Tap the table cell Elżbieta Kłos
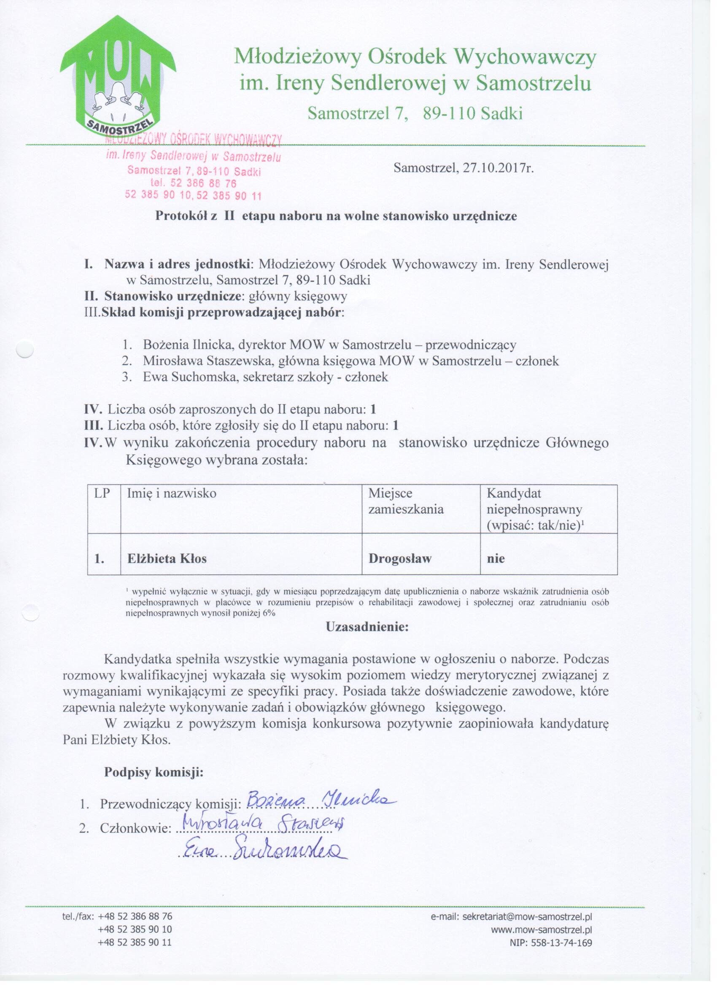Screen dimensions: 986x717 point(167,559)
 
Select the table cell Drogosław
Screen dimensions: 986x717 point(400,559)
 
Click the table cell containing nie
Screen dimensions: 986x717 point(496,559)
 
